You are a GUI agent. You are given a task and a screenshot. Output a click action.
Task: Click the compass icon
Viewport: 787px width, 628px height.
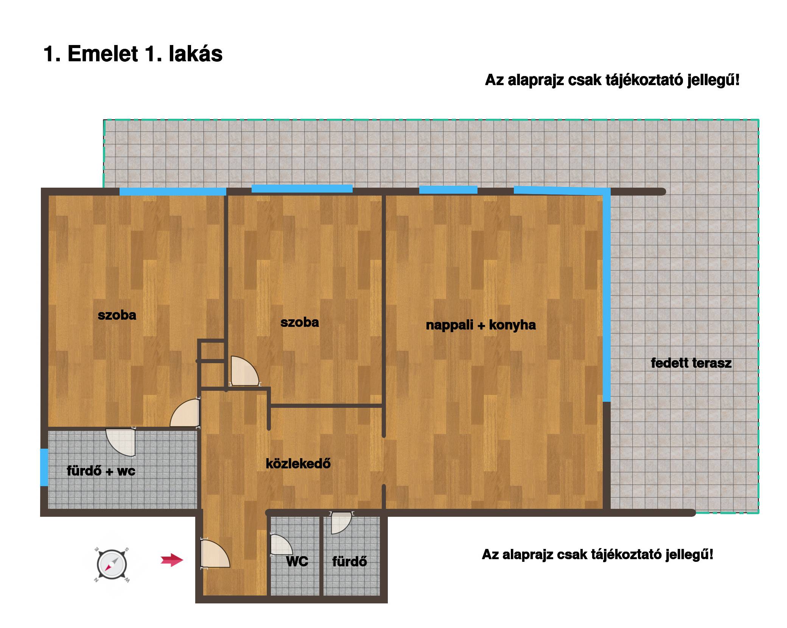[112, 565]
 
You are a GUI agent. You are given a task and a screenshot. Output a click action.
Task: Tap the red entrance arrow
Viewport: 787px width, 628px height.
[172, 560]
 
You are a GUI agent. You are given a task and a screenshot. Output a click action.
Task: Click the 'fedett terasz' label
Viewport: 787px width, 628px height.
[691, 363]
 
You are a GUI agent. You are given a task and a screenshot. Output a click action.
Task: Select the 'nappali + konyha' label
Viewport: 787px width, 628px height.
[481, 325]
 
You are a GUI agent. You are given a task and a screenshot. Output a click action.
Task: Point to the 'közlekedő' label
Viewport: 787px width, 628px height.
[298, 463]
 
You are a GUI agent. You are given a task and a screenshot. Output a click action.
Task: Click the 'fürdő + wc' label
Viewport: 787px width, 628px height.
[101, 471]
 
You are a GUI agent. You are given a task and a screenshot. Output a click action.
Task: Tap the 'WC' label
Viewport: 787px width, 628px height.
[297, 561]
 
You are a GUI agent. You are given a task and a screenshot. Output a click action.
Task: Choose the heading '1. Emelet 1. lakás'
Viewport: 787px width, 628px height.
[133, 54]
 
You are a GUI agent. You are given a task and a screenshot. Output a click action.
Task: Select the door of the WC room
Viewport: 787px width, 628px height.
[282, 544]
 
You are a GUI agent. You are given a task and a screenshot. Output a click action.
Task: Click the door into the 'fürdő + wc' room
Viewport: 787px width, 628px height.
[121, 441]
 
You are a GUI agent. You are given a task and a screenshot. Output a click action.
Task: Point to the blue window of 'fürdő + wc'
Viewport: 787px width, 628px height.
[44, 467]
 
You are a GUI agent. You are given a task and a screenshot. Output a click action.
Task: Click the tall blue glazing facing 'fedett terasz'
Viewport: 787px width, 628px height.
[607, 295]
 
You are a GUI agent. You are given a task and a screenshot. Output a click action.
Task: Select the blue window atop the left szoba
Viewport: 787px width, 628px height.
[173, 191]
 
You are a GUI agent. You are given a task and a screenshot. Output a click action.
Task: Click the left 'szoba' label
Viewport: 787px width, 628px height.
[117, 315]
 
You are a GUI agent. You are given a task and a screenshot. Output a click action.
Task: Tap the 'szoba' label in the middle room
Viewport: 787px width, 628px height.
[300, 322]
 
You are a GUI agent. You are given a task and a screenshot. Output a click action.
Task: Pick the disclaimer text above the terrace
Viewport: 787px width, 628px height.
[612, 80]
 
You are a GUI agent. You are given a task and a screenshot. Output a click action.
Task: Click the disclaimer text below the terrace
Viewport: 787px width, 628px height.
[597, 555]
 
